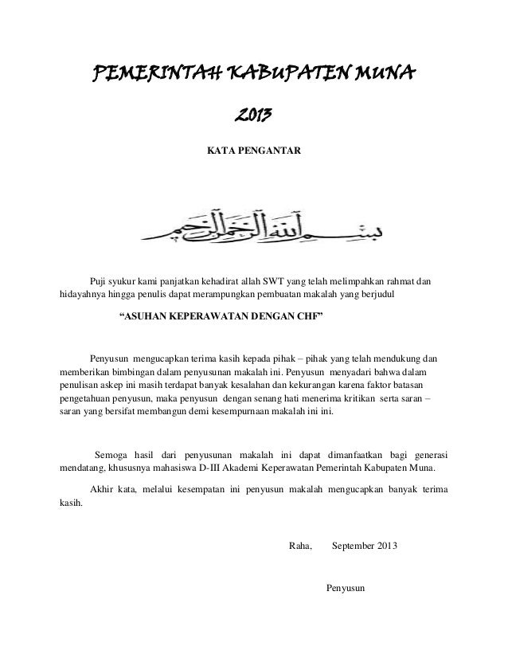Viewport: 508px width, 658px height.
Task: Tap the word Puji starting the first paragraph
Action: [x=99, y=282]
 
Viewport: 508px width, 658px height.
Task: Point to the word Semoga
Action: [x=112, y=454]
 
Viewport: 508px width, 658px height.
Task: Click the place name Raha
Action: [x=299, y=546]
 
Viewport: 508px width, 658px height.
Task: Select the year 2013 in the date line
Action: [x=386, y=546]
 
